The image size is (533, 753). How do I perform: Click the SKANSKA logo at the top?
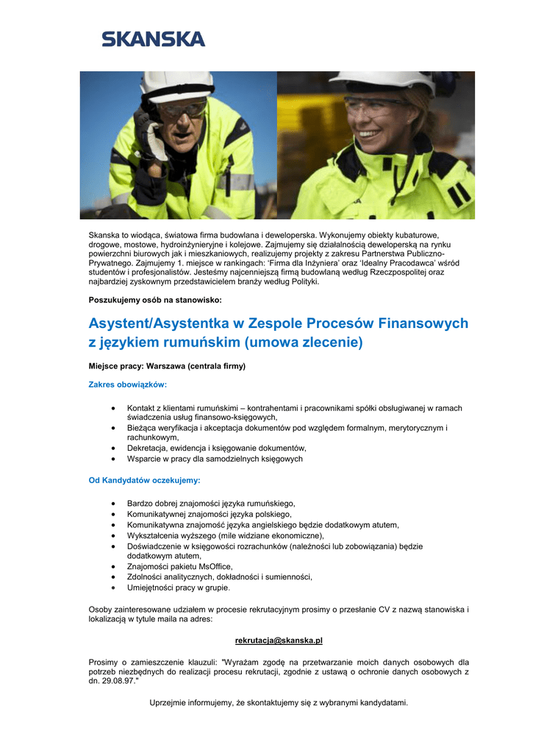153,38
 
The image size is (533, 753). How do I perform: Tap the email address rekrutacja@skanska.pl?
279,640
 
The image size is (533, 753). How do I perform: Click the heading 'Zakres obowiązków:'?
128,385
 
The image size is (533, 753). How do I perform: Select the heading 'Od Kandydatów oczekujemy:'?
144,480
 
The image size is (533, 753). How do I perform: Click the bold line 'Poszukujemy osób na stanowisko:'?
150,300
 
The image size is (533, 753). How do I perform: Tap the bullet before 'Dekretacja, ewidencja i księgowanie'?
112,448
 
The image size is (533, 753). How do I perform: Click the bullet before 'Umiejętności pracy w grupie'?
112,588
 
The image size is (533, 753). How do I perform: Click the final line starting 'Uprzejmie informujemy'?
279,703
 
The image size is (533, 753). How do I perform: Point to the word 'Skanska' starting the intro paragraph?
103,234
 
